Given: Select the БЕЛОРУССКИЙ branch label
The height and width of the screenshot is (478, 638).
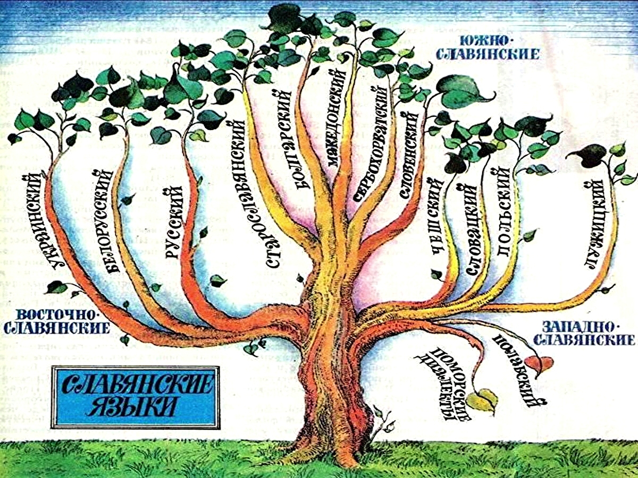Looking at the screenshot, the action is click(103, 220).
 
